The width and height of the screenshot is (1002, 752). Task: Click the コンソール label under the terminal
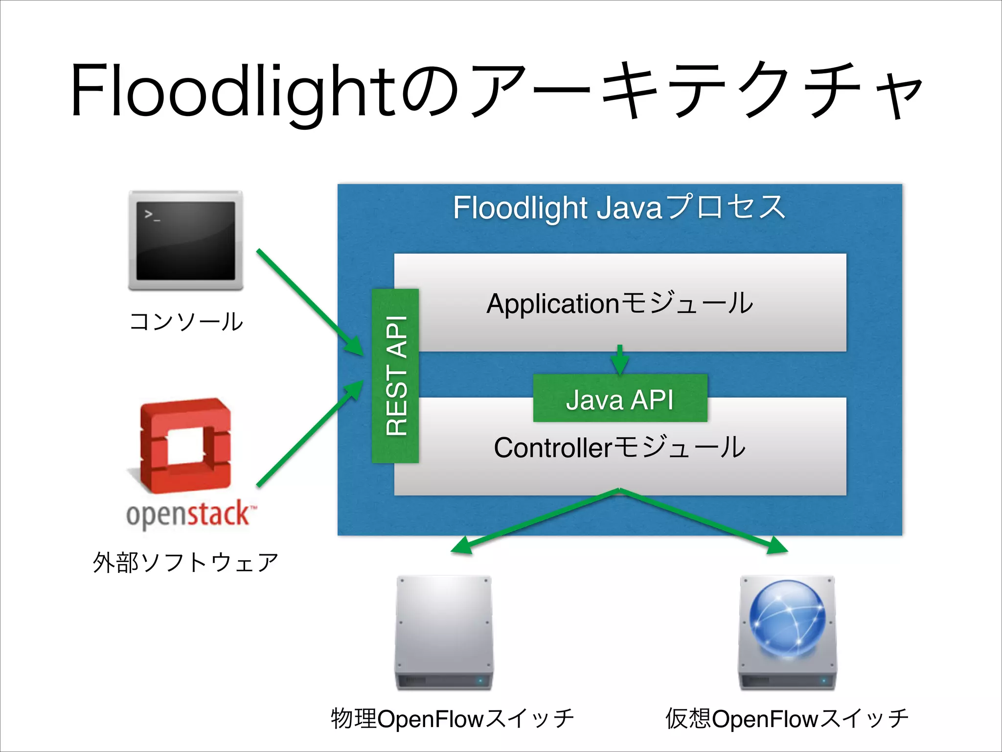(x=186, y=322)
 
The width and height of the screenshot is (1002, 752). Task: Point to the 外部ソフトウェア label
(x=185, y=562)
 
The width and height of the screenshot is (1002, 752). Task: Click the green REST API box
(x=395, y=376)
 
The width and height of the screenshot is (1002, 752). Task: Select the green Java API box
(x=620, y=399)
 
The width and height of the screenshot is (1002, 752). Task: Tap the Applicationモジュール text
(x=620, y=303)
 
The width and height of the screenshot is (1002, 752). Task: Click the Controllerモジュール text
(x=620, y=447)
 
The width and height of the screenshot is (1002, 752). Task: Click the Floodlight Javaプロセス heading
(x=619, y=208)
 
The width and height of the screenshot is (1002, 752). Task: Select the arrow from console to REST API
(x=308, y=301)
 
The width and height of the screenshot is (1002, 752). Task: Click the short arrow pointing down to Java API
(x=620, y=360)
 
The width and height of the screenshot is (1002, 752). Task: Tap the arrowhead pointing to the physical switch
(x=462, y=546)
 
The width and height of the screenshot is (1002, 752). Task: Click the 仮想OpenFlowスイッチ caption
(x=786, y=719)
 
